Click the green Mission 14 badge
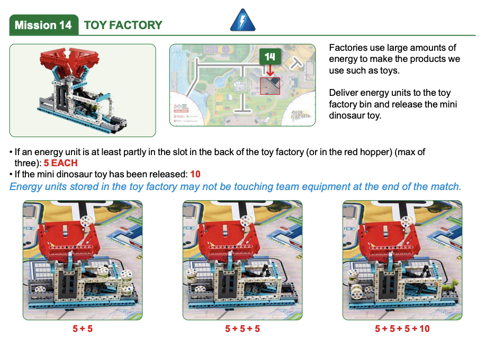click(x=44, y=25)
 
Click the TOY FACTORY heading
click(x=123, y=25)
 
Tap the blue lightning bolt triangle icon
click(x=243, y=20)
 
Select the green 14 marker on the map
click(x=270, y=56)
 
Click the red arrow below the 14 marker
click(x=270, y=70)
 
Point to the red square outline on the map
click(x=270, y=86)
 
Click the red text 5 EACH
click(x=60, y=163)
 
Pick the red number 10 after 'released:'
click(x=195, y=174)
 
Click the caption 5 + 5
click(x=83, y=329)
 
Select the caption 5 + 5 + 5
click(x=242, y=329)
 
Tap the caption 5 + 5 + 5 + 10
click(x=402, y=329)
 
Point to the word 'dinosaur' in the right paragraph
click(x=347, y=115)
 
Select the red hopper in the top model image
click(x=69, y=61)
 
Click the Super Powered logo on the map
click(x=301, y=115)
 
